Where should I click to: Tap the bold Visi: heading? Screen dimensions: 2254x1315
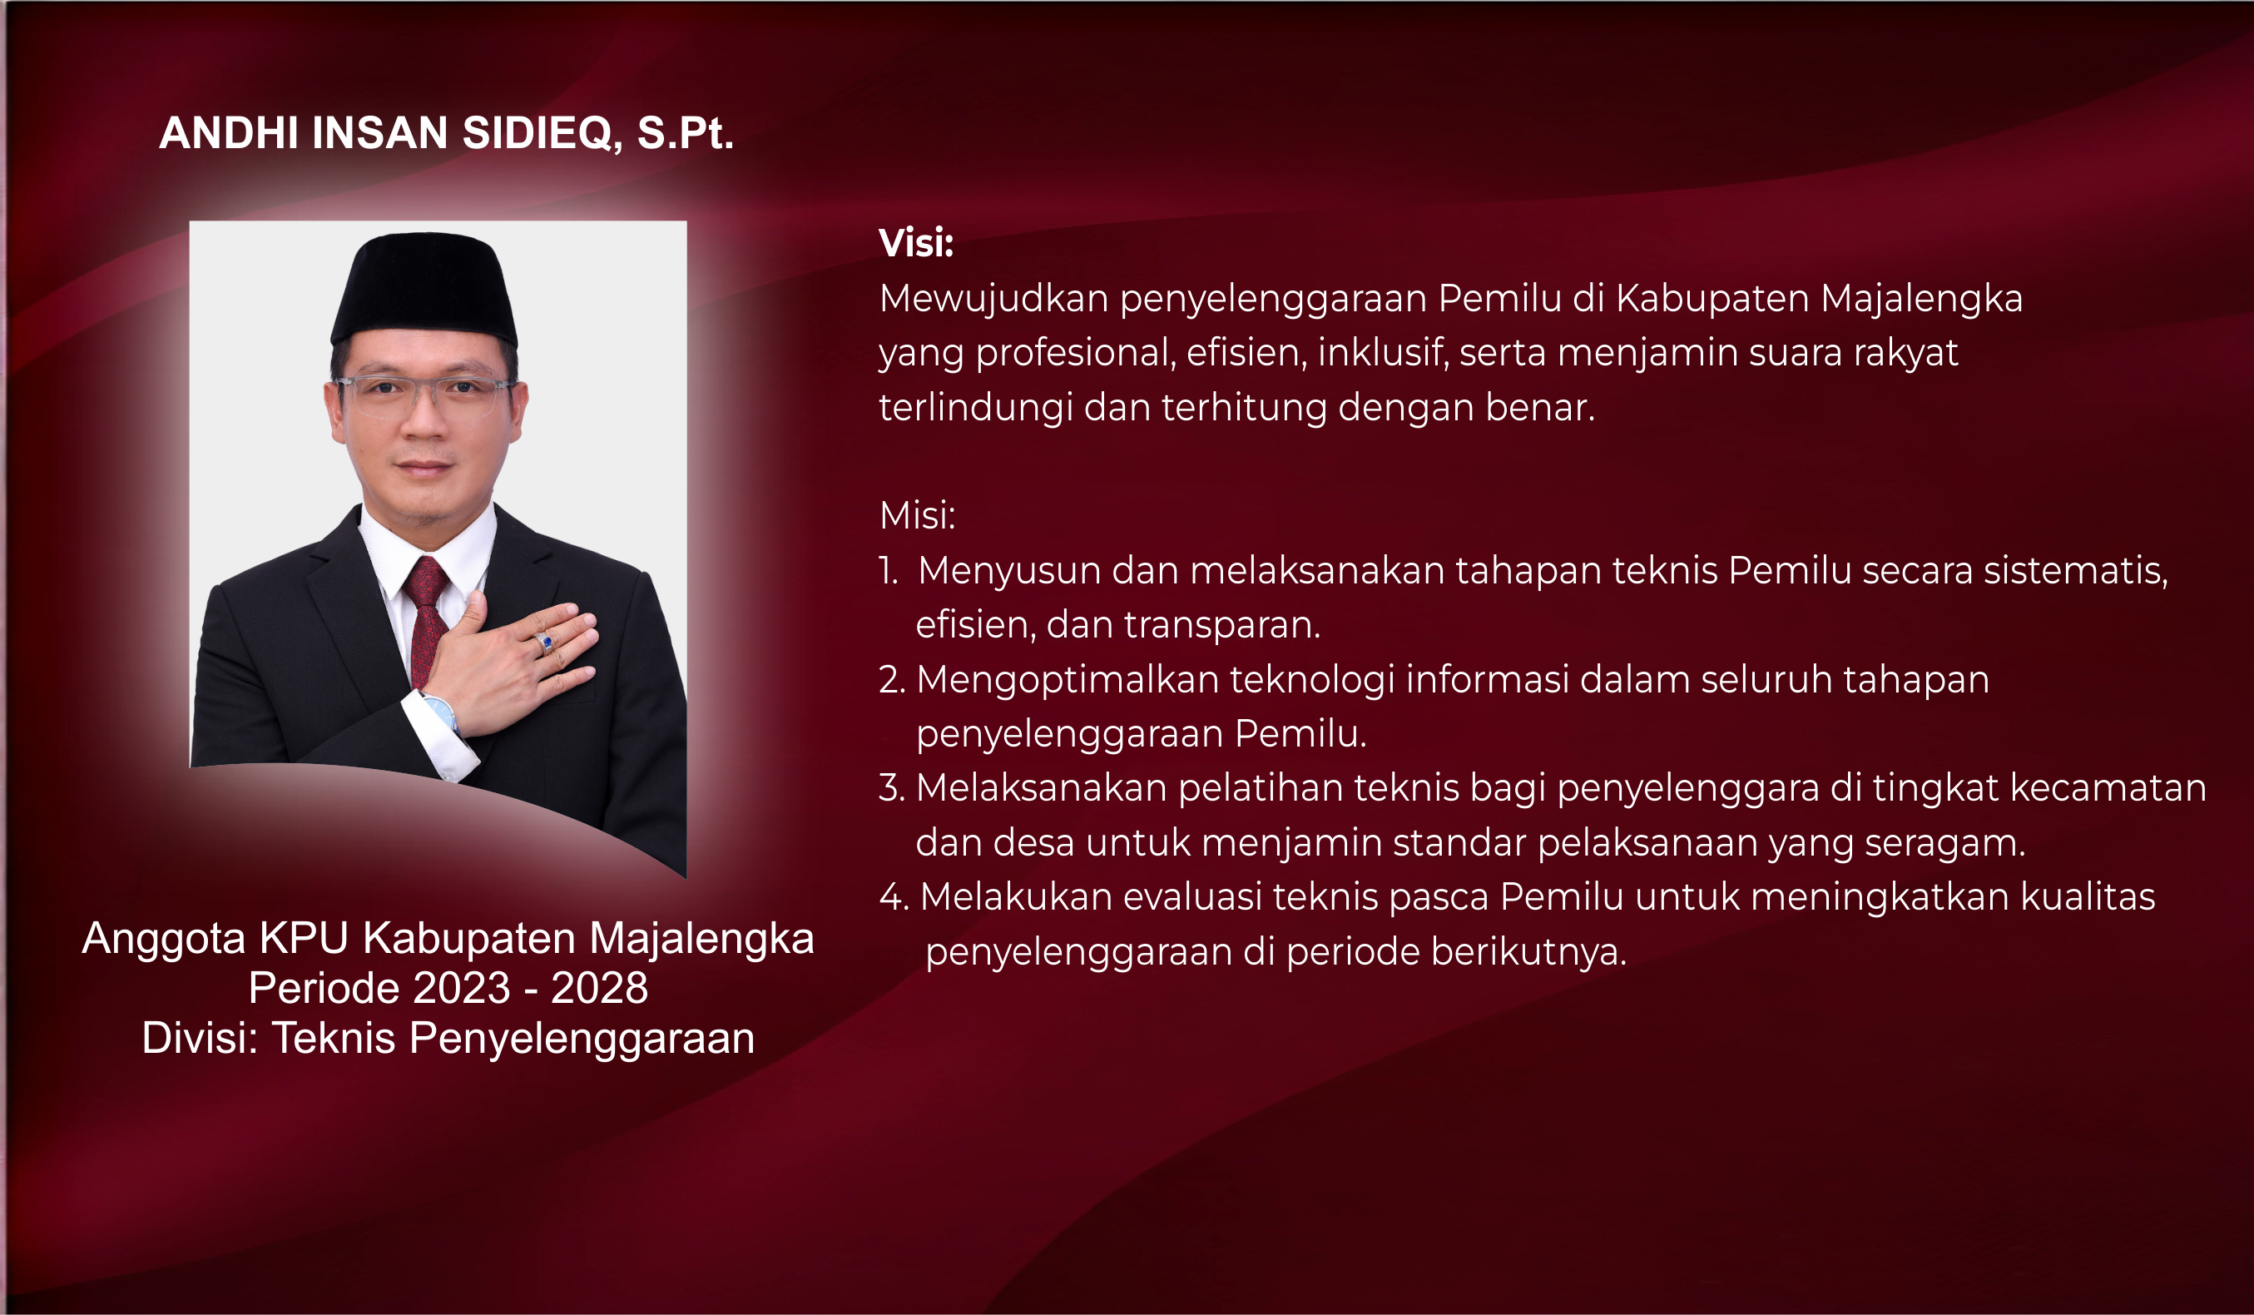point(916,242)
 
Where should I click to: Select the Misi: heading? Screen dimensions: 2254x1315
point(917,515)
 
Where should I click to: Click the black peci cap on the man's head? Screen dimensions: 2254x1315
point(424,289)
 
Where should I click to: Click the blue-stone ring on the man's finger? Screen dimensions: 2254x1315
point(544,642)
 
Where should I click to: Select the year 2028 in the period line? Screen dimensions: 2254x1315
point(599,988)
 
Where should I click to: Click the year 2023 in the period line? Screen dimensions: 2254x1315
point(462,988)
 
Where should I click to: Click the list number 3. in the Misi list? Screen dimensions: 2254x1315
point(892,788)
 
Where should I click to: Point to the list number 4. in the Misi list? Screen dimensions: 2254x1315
point(894,897)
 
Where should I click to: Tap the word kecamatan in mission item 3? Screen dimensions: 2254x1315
point(2108,788)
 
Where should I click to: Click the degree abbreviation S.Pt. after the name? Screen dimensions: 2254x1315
point(685,133)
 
